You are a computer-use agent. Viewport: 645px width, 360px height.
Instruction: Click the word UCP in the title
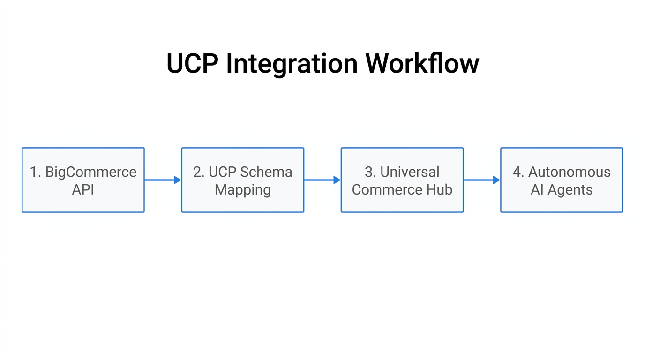click(x=192, y=63)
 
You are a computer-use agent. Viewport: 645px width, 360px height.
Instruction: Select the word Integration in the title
click(x=292, y=63)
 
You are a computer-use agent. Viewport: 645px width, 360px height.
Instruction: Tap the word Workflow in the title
click(x=422, y=63)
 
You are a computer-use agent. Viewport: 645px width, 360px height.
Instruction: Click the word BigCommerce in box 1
click(x=90, y=172)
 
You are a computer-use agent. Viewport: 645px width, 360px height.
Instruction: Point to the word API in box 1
click(x=83, y=190)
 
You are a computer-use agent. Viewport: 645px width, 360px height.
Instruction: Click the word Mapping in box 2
click(x=243, y=190)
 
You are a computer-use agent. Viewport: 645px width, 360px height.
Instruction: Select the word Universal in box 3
click(x=410, y=172)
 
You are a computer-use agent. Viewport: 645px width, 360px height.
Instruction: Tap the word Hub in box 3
click(x=438, y=190)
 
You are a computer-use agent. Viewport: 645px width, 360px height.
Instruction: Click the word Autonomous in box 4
click(x=569, y=172)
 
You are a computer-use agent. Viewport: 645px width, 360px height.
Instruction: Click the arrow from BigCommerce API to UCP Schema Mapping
click(x=163, y=180)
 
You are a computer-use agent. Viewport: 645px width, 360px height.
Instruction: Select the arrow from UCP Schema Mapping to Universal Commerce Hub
click(x=322, y=180)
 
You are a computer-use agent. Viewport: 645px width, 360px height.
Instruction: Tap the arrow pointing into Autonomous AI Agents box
click(x=482, y=180)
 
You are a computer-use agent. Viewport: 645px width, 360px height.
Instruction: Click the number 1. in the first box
click(x=35, y=172)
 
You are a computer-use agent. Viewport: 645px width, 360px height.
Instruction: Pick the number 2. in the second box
click(x=199, y=172)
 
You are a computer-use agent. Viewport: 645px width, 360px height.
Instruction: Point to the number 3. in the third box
click(x=370, y=172)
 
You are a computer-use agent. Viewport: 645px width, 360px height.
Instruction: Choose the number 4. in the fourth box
click(x=518, y=172)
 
